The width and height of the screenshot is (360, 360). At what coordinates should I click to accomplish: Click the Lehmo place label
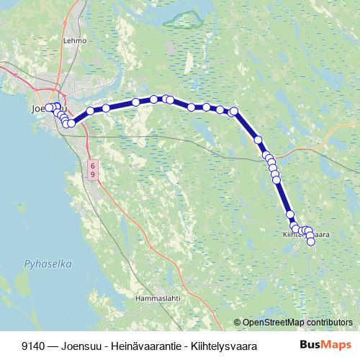(x=74, y=41)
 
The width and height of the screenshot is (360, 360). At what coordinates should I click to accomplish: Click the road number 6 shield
(x=92, y=165)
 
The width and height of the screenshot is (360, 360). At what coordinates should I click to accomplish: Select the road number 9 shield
(x=92, y=175)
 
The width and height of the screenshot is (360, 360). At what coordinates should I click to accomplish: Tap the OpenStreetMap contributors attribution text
(x=297, y=322)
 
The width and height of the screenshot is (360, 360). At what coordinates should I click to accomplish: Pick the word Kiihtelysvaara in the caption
(x=219, y=346)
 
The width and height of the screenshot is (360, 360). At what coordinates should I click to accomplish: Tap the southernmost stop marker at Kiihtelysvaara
(x=311, y=242)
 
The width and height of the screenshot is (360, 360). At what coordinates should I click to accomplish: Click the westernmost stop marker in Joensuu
(x=49, y=108)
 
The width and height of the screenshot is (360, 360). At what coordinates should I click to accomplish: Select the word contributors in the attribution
(x=328, y=322)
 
